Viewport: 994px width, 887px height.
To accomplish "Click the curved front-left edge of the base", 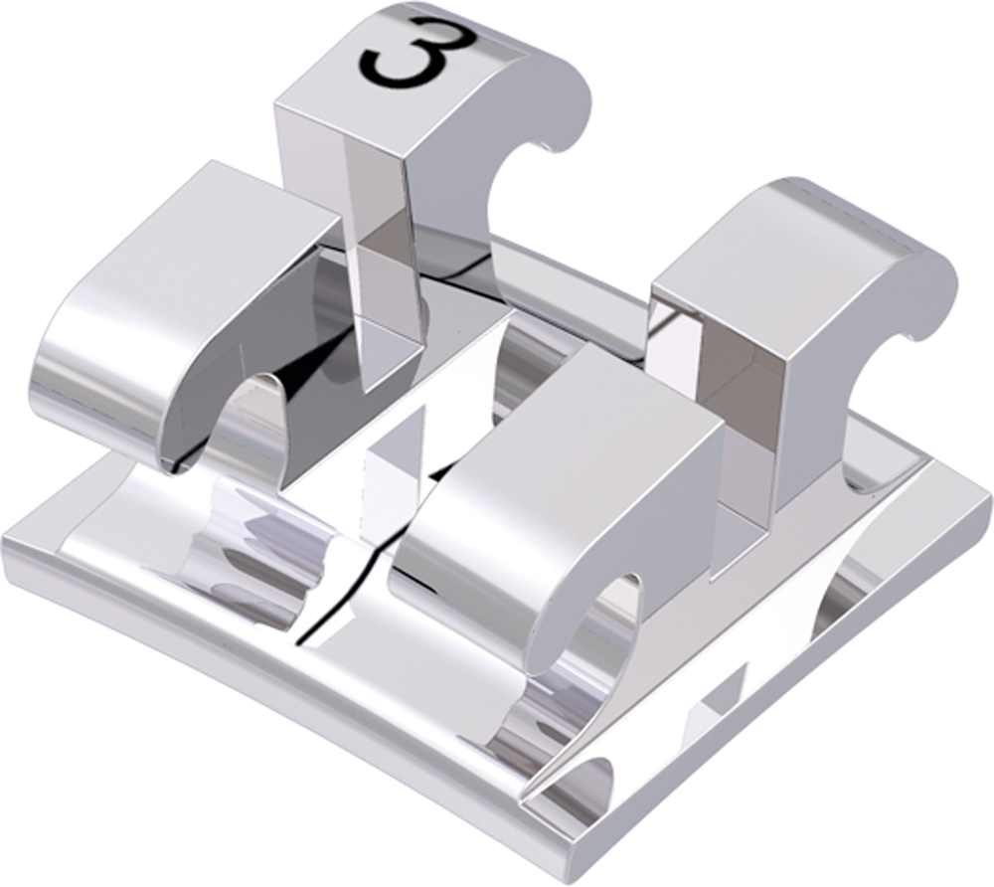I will tap(248, 696).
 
